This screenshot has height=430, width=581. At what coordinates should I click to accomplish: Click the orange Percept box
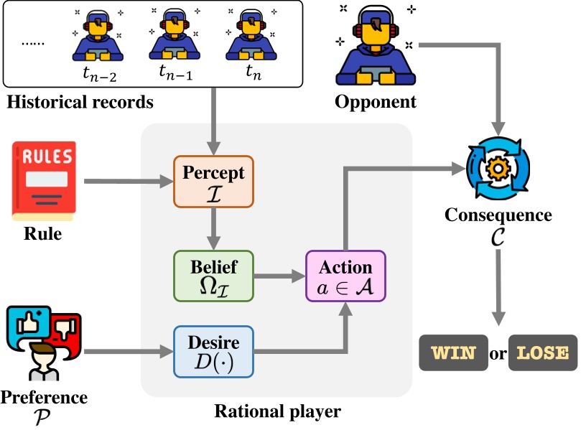point(213,182)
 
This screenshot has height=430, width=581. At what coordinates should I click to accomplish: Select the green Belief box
point(213,276)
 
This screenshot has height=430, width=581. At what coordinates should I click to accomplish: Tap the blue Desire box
point(213,352)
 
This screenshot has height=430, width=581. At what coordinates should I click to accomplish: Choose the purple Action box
point(345,276)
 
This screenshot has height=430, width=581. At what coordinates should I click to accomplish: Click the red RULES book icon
point(44,180)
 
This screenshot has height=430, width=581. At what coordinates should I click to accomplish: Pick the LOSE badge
point(542,352)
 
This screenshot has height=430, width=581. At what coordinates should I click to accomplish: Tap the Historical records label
point(80,102)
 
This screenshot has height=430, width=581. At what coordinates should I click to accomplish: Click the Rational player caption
point(277,411)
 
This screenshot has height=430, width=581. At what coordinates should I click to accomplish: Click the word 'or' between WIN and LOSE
point(496,352)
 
